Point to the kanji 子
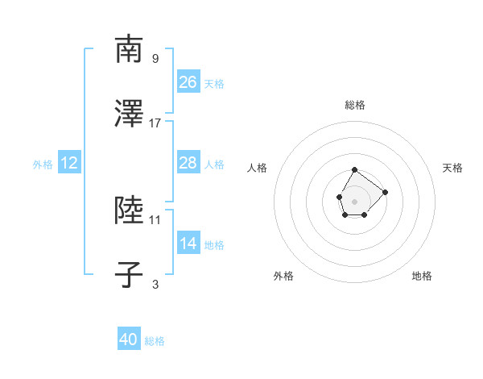click(130, 276)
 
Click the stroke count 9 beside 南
click(155, 58)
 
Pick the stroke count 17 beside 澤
click(155, 123)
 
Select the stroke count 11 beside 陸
click(155, 219)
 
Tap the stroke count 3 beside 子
click(155, 284)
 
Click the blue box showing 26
click(188, 82)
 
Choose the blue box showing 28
click(188, 163)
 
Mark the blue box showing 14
click(188, 244)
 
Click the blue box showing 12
click(69, 163)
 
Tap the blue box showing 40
click(129, 339)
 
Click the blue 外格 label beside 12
click(43, 164)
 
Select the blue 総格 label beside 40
click(155, 341)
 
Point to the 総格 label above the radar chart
click(355, 105)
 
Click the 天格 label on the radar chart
click(452, 168)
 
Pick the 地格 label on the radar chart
click(422, 276)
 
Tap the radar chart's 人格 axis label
click(258, 168)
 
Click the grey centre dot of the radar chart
click(354, 200)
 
